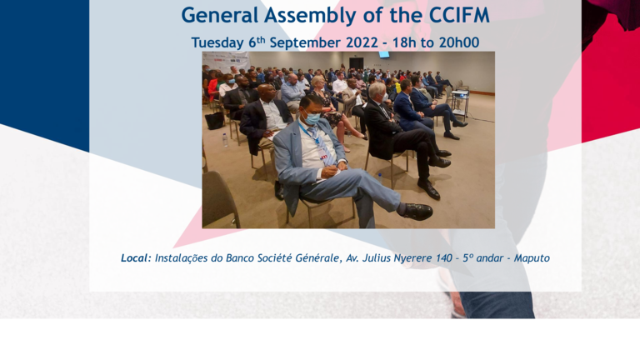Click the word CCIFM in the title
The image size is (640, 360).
(459, 15)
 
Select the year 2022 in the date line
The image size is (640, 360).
(362, 42)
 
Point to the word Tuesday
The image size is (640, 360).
(217, 42)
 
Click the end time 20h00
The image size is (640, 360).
(459, 42)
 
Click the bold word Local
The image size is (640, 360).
(136, 258)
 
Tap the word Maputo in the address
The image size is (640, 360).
(532, 258)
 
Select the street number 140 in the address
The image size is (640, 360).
(444, 258)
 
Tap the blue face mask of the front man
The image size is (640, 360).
(313, 119)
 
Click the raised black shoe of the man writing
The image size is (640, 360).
(417, 212)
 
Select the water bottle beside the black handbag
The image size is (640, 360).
(225, 140)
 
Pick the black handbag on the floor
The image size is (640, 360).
(215, 120)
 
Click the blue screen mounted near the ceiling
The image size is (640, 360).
(383, 54)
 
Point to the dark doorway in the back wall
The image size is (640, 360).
(357, 63)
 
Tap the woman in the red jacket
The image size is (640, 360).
(212, 87)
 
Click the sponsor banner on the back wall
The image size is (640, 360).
(227, 60)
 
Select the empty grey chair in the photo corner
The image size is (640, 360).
(220, 199)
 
